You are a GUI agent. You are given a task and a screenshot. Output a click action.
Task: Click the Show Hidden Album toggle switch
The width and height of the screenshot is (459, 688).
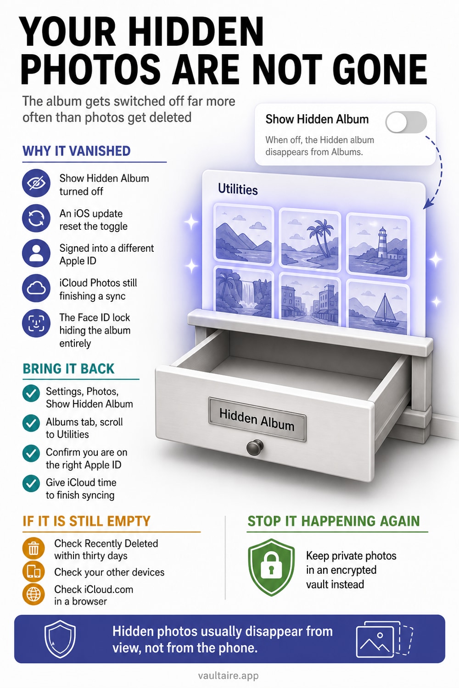(x=406, y=122)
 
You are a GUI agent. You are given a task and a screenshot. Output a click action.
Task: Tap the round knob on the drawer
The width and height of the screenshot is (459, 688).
(x=255, y=448)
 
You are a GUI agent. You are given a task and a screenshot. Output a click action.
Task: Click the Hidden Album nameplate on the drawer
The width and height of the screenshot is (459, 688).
(x=257, y=419)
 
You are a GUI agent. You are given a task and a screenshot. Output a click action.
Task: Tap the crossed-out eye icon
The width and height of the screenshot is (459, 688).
(x=36, y=183)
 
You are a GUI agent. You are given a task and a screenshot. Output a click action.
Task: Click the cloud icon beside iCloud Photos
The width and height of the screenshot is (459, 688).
(x=36, y=288)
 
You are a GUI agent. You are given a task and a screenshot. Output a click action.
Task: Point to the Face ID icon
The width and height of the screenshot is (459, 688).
(x=36, y=323)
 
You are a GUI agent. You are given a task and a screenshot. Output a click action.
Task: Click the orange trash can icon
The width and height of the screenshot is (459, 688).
(x=34, y=548)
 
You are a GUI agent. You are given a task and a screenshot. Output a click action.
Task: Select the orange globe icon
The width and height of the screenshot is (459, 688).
(x=34, y=594)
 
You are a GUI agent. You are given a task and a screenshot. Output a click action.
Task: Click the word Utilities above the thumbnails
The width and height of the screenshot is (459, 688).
(x=238, y=189)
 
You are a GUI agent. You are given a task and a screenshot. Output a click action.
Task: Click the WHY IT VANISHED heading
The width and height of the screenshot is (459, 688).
(x=77, y=151)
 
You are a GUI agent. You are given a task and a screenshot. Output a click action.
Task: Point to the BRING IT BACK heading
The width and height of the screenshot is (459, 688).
(x=68, y=369)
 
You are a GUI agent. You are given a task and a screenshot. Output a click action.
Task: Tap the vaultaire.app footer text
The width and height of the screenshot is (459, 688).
(x=229, y=676)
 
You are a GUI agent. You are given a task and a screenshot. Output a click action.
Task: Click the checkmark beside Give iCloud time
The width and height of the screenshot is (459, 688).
(x=31, y=483)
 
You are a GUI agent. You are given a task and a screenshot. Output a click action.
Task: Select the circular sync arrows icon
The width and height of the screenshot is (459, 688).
(x=36, y=218)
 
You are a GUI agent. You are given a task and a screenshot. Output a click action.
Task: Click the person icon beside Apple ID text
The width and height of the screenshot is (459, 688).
(x=36, y=253)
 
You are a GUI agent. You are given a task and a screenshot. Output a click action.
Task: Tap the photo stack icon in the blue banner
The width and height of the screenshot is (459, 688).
(x=384, y=639)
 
